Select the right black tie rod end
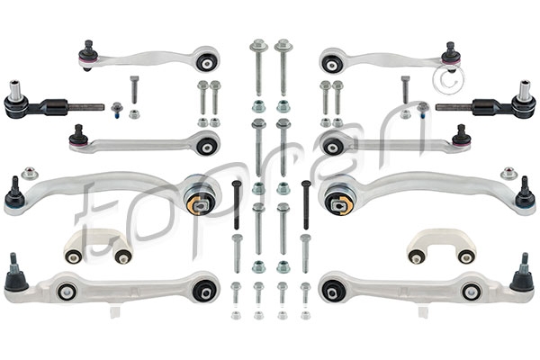pos(486,104)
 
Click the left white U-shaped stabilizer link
pos(98,246)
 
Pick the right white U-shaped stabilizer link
pos(442,246)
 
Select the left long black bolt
pos(236,204)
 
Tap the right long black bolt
pos(305,204)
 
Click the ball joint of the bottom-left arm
pos(16,274)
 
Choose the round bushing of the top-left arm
pos(207,60)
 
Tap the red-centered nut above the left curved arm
pos(30,174)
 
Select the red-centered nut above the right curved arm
pos(508,174)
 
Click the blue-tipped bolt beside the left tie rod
pos(117,111)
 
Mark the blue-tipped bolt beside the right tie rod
pos(423,111)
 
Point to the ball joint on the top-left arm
pos(86,56)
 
